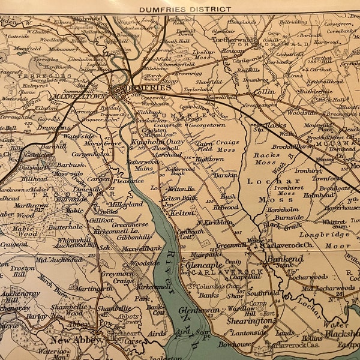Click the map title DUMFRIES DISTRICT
coord(185,9)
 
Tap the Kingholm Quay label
coord(153,142)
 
